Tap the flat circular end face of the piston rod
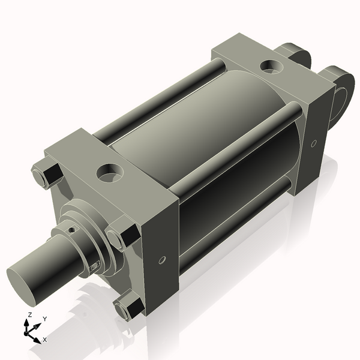pyautogui.click(x=24, y=286)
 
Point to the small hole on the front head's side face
pyautogui.click(x=162, y=261)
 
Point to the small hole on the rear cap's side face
pyautogui.click(x=314, y=143)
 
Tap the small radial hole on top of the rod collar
pyautogui.click(x=71, y=229)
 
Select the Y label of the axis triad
pyautogui.click(x=44, y=319)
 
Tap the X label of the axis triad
pyautogui.click(x=44, y=340)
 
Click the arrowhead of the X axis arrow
pyautogui.click(x=38, y=337)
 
